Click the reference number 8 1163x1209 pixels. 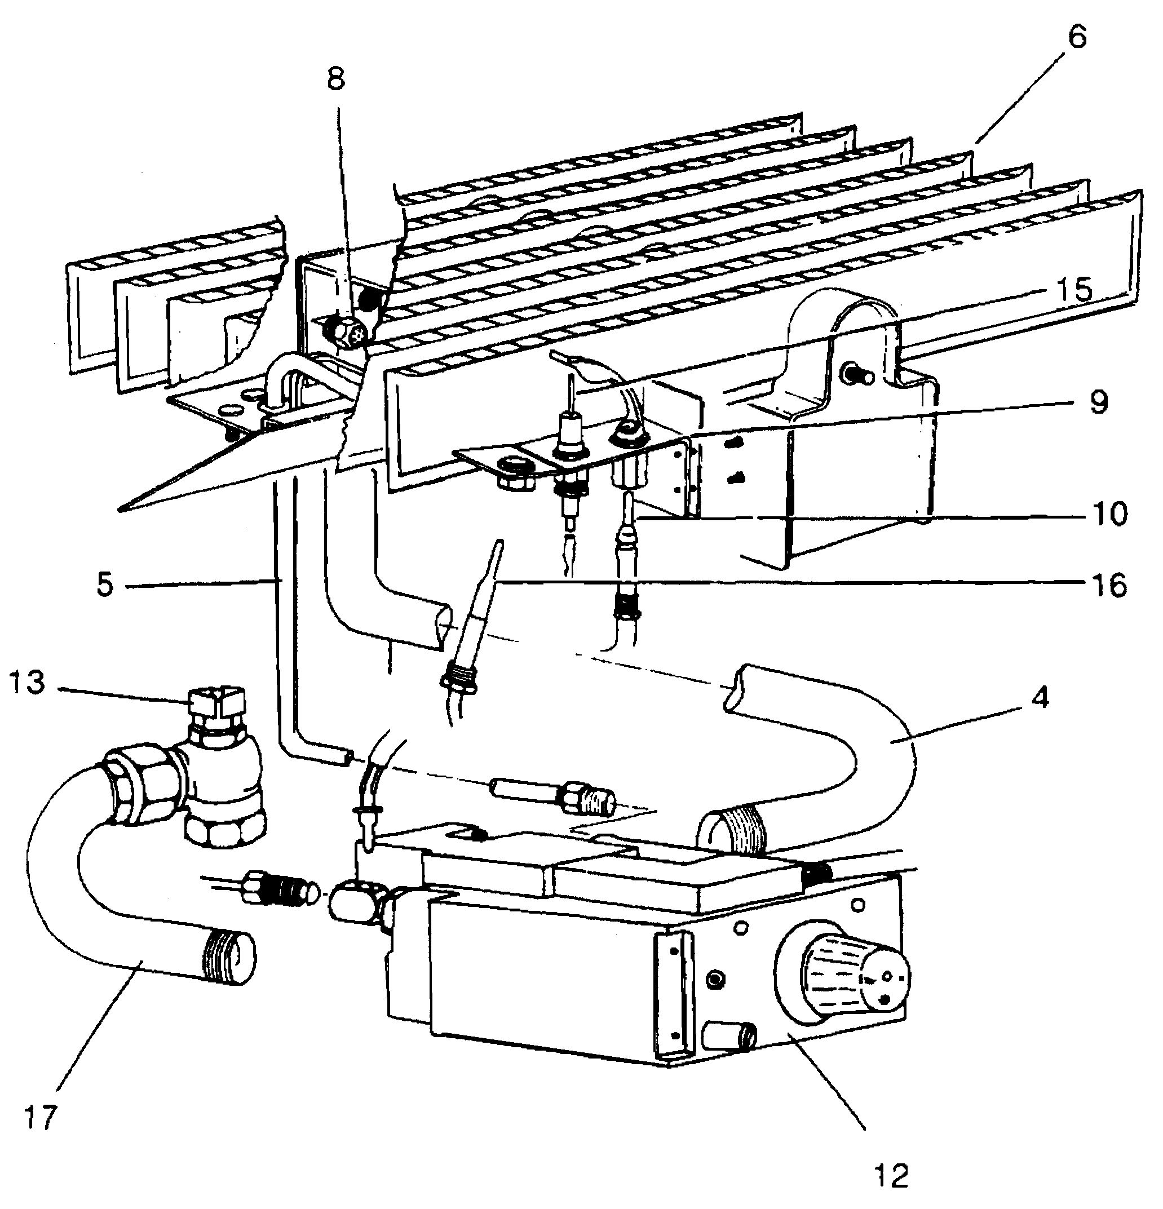click(335, 79)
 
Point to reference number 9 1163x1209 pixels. click(1099, 402)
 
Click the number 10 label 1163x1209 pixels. click(1109, 513)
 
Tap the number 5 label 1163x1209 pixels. click(105, 584)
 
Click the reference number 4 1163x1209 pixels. click(1040, 698)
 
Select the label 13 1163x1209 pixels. click(28, 683)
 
